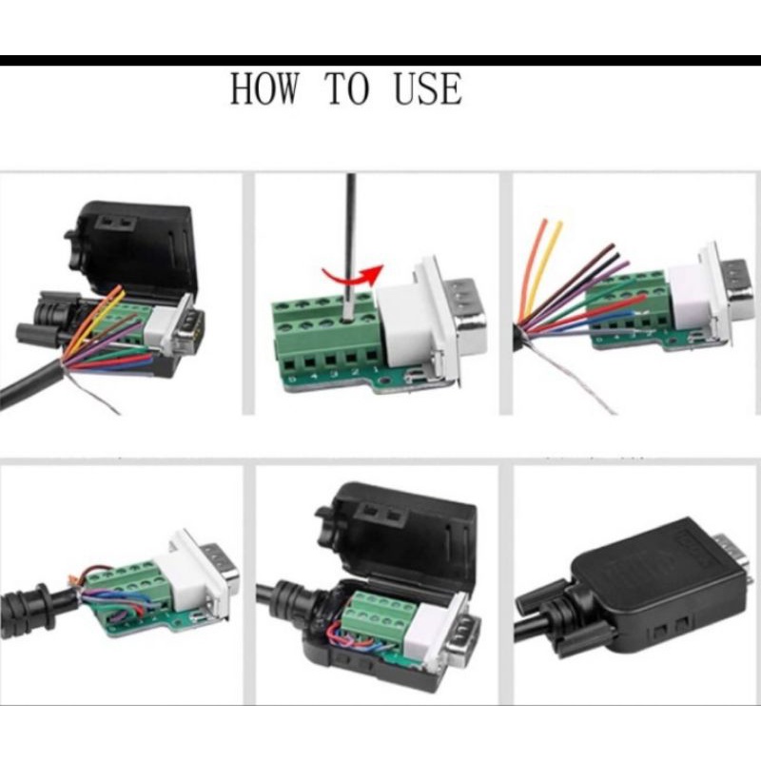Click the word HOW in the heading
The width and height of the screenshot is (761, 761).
coord(264,89)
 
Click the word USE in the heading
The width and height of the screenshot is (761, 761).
coord(427,89)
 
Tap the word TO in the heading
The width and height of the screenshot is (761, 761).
coord(347,89)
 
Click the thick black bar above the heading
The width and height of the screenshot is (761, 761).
coord(380,61)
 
